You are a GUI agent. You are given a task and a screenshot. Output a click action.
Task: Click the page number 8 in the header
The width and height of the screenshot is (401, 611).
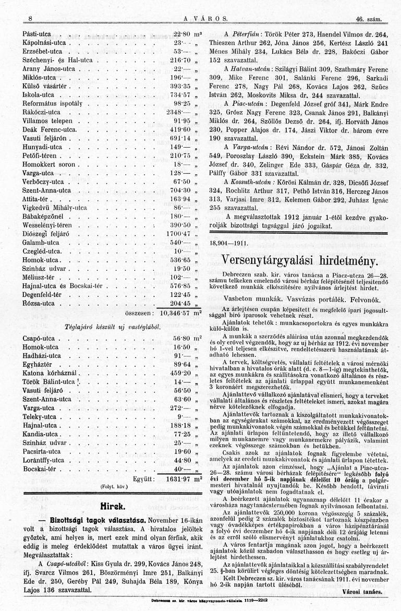(31, 19)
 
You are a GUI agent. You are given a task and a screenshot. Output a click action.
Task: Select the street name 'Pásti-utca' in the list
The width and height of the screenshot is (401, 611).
(37, 33)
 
